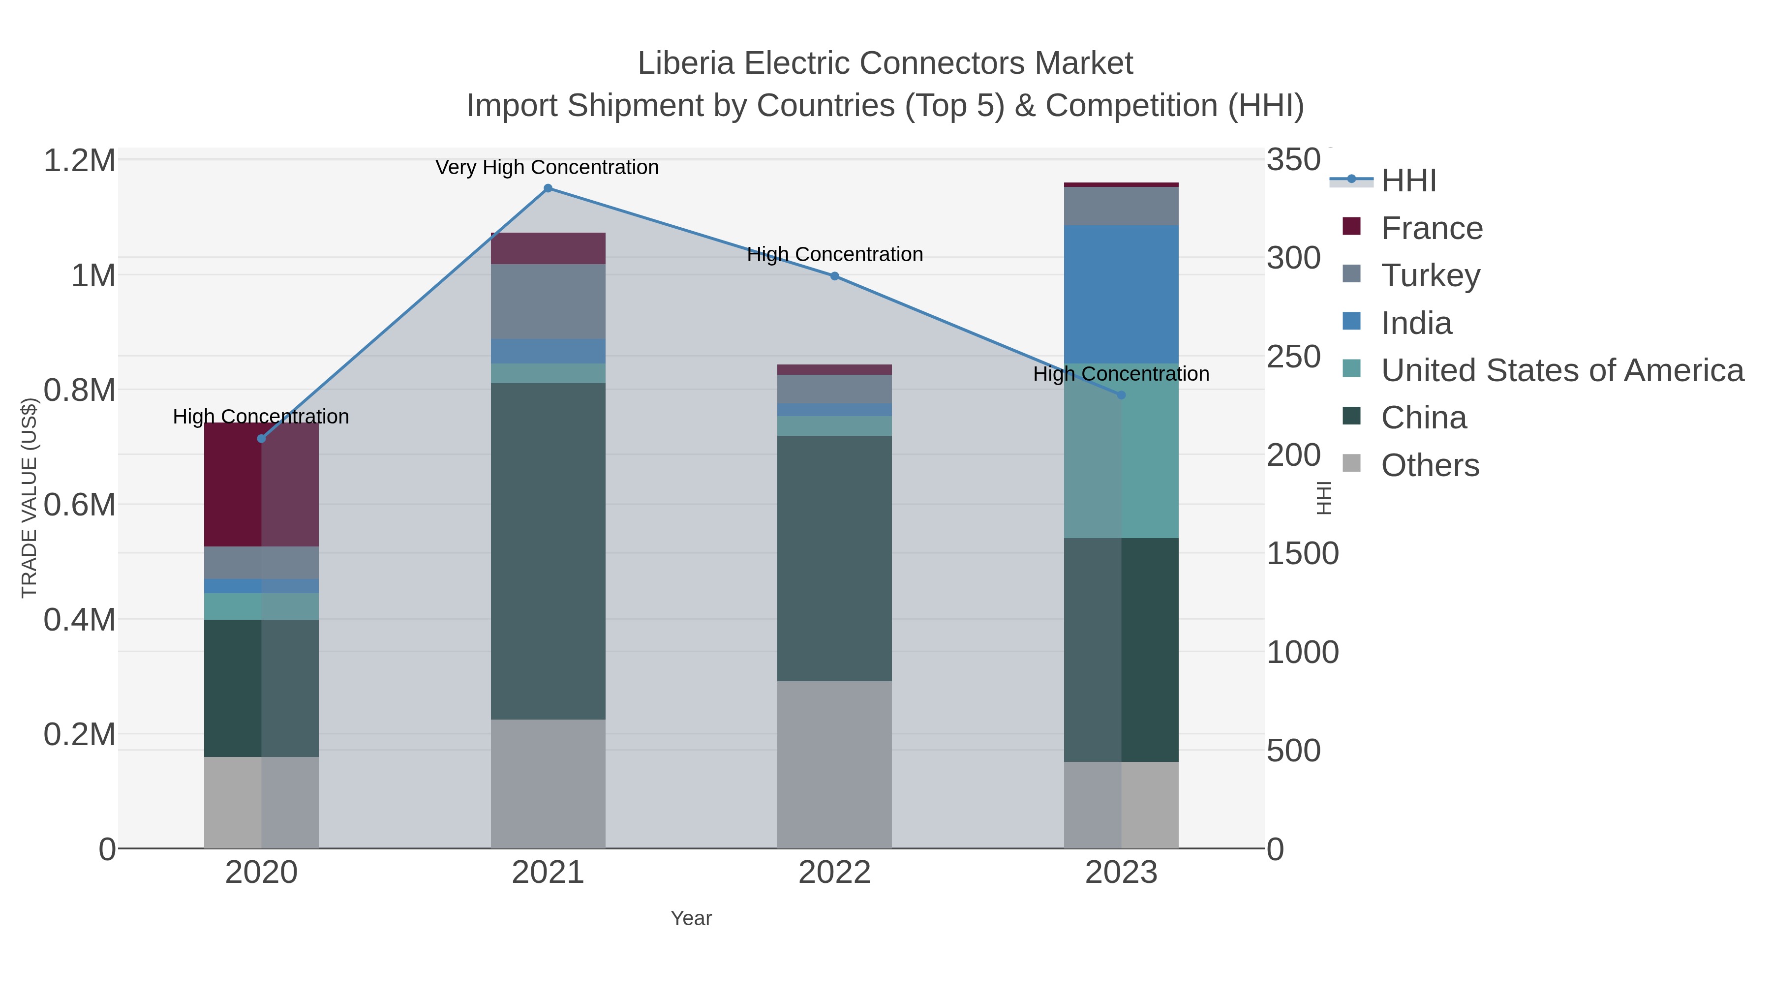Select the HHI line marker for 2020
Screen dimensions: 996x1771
point(261,439)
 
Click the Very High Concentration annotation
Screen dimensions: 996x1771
point(547,168)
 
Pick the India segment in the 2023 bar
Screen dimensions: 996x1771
point(1121,294)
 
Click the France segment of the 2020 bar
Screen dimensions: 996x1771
point(261,484)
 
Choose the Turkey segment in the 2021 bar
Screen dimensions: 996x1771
point(548,301)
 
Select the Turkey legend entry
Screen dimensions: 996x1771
point(1430,275)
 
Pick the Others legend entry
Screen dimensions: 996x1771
point(1430,465)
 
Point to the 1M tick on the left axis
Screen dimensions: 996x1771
point(93,275)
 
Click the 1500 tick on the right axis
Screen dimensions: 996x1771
point(1302,554)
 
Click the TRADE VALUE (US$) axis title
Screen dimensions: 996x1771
point(30,498)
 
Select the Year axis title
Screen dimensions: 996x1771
point(691,918)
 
